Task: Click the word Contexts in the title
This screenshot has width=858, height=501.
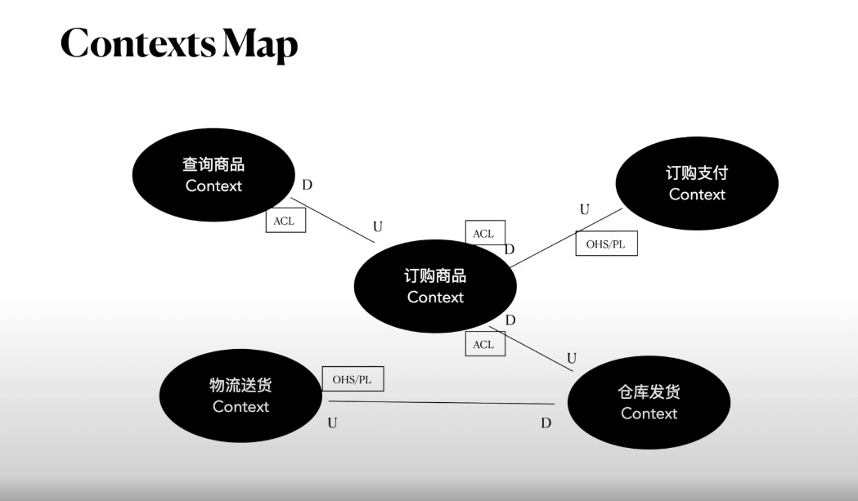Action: click(x=138, y=43)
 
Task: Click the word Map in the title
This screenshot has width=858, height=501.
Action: click(x=261, y=45)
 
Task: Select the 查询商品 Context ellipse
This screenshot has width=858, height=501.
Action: click(x=213, y=175)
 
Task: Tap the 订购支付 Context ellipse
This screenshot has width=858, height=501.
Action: click(x=697, y=184)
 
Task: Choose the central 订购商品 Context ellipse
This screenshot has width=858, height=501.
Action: click(x=435, y=286)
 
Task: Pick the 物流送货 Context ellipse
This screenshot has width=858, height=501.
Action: click(x=240, y=396)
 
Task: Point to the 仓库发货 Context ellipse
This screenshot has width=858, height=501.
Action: click(x=649, y=402)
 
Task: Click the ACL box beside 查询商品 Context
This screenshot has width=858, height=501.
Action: click(x=285, y=221)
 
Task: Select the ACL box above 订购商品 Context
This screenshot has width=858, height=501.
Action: click(x=484, y=233)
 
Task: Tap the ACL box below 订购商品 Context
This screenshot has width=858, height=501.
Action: click(x=484, y=344)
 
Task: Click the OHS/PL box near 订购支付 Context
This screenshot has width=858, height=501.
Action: click(x=606, y=244)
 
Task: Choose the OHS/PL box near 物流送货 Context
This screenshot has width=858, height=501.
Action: click(x=353, y=379)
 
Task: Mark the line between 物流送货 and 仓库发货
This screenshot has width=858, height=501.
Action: click(x=442, y=402)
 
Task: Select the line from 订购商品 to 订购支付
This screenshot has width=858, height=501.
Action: click(x=564, y=238)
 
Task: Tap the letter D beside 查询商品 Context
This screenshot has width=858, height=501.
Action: click(x=307, y=186)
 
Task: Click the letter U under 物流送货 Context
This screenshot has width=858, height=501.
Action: click(x=332, y=423)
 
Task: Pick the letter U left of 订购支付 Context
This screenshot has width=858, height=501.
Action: click(x=584, y=210)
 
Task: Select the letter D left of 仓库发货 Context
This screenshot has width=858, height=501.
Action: click(x=546, y=423)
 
